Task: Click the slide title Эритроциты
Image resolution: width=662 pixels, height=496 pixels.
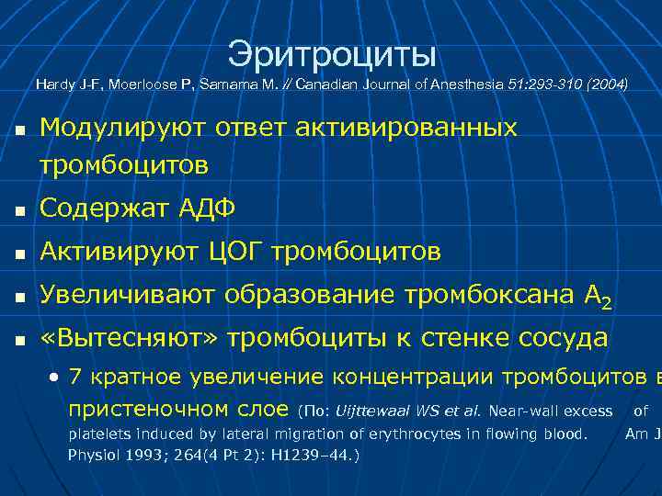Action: tap(332, 53)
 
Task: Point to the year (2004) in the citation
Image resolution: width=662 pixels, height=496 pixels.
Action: tap(605, 85)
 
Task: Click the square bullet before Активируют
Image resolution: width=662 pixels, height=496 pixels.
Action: tap(19, 253)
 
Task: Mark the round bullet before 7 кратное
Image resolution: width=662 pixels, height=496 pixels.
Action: tap(56, 378)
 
